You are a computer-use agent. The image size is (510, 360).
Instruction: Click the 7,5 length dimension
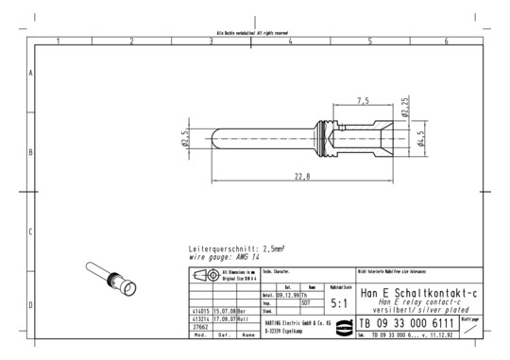click(363, 100)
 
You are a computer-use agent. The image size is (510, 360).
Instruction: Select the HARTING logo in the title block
click(337, 324)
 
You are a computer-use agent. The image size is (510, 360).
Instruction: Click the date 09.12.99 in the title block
click(290, 296)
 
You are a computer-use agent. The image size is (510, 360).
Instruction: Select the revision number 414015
click(199, 311)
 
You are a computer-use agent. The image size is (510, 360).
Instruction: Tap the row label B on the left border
click(31, 152)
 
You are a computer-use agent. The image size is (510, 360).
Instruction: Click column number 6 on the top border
click(447, 41)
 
